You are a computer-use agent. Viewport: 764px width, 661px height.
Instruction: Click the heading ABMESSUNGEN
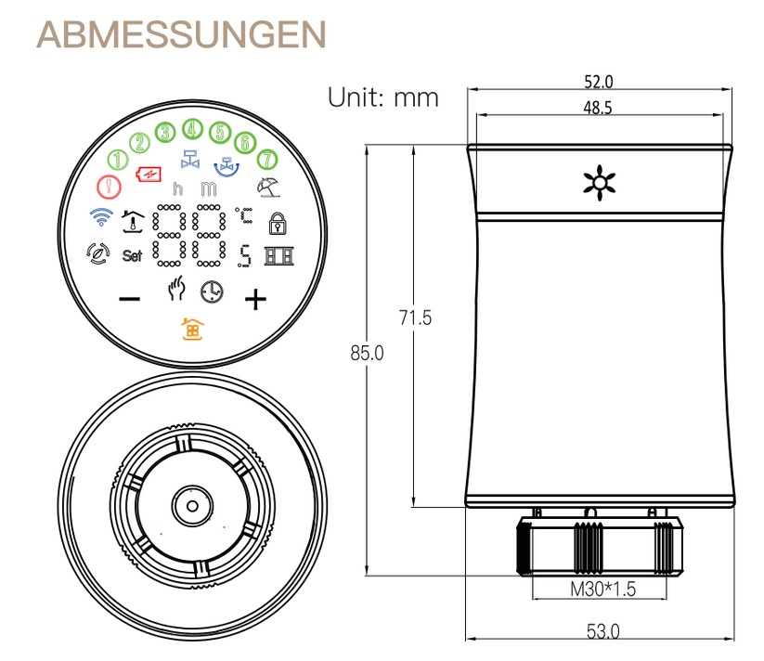(x=182, y=35)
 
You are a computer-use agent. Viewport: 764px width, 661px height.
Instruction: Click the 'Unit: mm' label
(x=382, y=97)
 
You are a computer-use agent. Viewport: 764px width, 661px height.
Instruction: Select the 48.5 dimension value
(x=597, y=108)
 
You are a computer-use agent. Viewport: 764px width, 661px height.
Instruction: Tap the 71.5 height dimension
(x=416, y=318)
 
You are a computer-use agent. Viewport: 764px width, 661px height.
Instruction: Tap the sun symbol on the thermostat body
(x=595, y=183)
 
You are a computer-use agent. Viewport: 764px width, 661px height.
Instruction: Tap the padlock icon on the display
(x=276, y=223)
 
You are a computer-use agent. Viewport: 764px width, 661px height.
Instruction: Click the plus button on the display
(x=254, y=299)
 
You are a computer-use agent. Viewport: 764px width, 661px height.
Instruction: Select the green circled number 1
(x=119, y=159)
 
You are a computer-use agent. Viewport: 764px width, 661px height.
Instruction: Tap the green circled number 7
(x=265, y=159)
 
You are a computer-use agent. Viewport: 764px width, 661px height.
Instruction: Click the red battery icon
(x=149, y=174)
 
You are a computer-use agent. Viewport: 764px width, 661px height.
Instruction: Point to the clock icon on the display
(x=212, y=292)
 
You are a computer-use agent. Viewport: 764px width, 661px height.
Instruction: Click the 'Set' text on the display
(x=133, y=255)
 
